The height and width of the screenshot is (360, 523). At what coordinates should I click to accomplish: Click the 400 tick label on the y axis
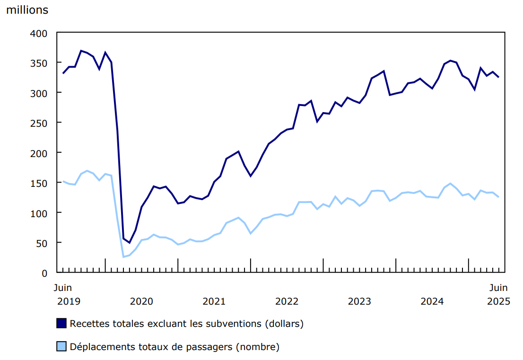click(40, 33)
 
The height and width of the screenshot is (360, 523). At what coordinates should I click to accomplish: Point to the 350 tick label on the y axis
click(40, 63)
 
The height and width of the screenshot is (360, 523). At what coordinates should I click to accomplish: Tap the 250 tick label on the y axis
click(40, 123)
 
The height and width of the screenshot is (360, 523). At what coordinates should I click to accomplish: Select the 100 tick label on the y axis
click(40, 213)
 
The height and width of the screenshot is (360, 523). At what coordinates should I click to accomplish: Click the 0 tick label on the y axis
click(44, 273)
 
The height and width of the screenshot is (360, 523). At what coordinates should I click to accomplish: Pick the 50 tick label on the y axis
click(42, 243)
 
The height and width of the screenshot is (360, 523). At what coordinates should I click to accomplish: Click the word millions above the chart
click(27, 10)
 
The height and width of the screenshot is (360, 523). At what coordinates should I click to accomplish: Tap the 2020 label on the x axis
click(141, 301)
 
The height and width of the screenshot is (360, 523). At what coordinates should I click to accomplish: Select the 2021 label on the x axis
click(214, 301)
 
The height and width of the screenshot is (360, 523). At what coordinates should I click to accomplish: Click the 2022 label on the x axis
click(287, 301)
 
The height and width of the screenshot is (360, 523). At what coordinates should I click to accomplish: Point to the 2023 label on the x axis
click(359, 301)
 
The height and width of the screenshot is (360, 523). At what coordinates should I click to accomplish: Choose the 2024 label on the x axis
click(432, 301)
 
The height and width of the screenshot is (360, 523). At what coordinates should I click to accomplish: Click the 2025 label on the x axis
click(498, 301)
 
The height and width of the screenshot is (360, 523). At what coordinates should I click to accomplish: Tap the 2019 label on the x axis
click(69, 301)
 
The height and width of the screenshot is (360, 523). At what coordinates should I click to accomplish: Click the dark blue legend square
click(61, 324)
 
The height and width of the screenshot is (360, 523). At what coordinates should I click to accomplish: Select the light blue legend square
click(61, 347)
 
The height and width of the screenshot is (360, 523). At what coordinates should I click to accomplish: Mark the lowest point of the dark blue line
click(129, 243)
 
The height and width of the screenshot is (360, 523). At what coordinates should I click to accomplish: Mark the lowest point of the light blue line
click(123, 257)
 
